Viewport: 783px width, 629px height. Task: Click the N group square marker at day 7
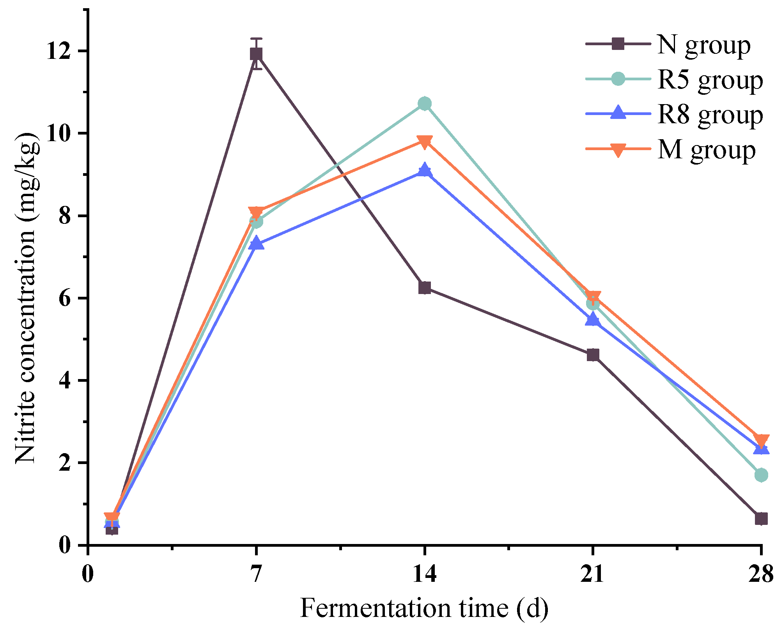pyautogui.click(x=256, y=53)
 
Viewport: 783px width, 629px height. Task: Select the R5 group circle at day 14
pyautogui.click(x=424, y=104)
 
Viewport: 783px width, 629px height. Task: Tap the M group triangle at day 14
pyautogui.click(x=424, y=141)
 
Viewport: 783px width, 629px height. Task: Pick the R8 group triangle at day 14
pyautogui.click(x=424, y=170)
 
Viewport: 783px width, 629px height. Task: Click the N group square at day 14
pyautogui.click(x=424, y=288)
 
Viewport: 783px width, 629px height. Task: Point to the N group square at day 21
pyautogui.click(x=593, y=355)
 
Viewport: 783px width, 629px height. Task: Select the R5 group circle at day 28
pyautogui.click(x=761, y=475)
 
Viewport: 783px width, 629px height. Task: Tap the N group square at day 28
pyautogui.click(x=761, y=519)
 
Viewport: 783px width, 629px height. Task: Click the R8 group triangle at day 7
pyautogui.click(x=256, y=243)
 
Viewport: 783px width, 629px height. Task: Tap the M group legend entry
pyautogui.click(x=706, y=149)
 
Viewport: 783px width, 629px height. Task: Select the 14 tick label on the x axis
pyautogui.click(x=424, y=574)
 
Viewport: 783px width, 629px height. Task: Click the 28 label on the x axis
pyautogui.click(x=760, y=574)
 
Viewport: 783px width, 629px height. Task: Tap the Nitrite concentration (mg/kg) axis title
pyautogui.click(x=27, y=298)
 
